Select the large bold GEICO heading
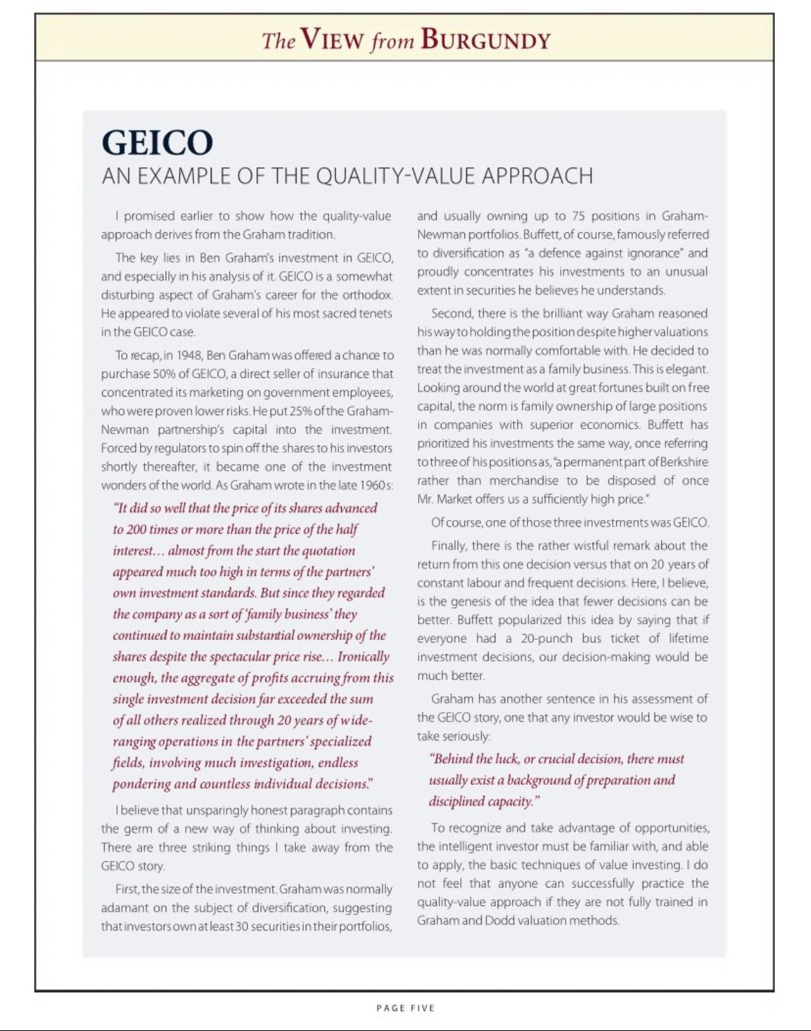coord(157,142)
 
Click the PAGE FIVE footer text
coord(405,1007)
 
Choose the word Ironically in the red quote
coord(364,657)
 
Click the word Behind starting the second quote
coord(455,759)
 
